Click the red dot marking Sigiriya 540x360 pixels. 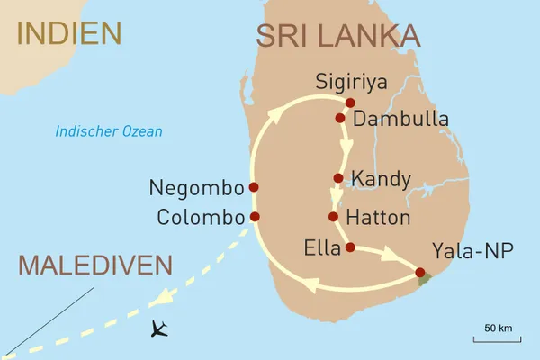pyautogui.click(x=350, y=102)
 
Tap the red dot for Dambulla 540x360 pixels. pyautogui.click(x=340, y=118)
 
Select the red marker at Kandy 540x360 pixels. pyautogui.click(x=338, y=178)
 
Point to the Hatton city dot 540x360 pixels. pyautogui.click(x=334, y=217)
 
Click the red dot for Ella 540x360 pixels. pyautogui.click(x=350, y=247)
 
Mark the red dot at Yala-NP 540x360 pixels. pyautogui.click(x=419, y=272)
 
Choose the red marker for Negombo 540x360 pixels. pyautogui.click(x=254, y=187)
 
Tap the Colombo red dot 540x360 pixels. pyautogui.click(x=255, y=217)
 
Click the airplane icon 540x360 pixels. pyautogui.click(x=160, y=328)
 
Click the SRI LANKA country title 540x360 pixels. pyautogui.click(x=337, y=35)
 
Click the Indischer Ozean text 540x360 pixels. pyautogui.click(x=109, y=131)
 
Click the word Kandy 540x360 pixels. pyautogui.click(x=382, y=178)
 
